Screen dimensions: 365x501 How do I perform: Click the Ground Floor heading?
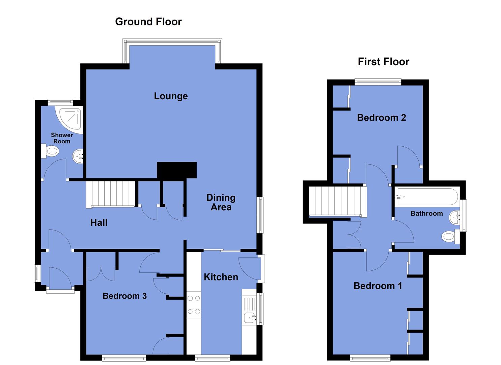(148, 22)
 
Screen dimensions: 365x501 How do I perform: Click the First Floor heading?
(383, 62)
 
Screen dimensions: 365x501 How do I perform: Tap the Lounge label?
(171, 96)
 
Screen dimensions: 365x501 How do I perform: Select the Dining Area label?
(221, 202)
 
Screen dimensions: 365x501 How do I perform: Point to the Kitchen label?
(221, 277)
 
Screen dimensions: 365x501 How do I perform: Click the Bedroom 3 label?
(124, 296)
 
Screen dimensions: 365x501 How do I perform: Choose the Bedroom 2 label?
(381, 118)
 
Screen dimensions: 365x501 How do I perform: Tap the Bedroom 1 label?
(378, 286)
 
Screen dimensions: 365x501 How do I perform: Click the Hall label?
(99, 222)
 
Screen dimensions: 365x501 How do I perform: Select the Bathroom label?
(426, 213)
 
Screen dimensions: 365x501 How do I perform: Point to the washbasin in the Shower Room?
(78, 156)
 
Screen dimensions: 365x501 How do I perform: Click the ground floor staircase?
(110, 194)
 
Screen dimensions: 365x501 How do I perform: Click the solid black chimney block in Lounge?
(177, 170)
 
